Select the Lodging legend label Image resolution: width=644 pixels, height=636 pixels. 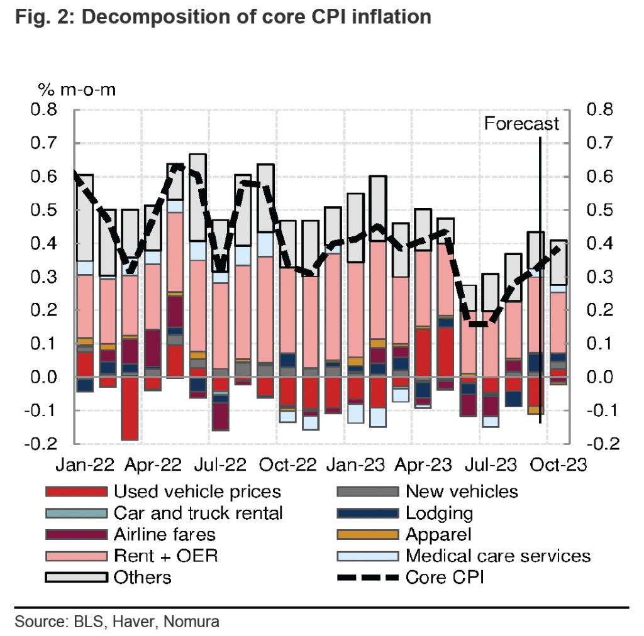coord(439,513)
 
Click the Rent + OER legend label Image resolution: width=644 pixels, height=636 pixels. coord(165,556)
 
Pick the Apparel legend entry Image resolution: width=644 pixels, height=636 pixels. coord(438,534)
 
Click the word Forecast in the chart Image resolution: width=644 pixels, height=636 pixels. coord(521,124)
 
